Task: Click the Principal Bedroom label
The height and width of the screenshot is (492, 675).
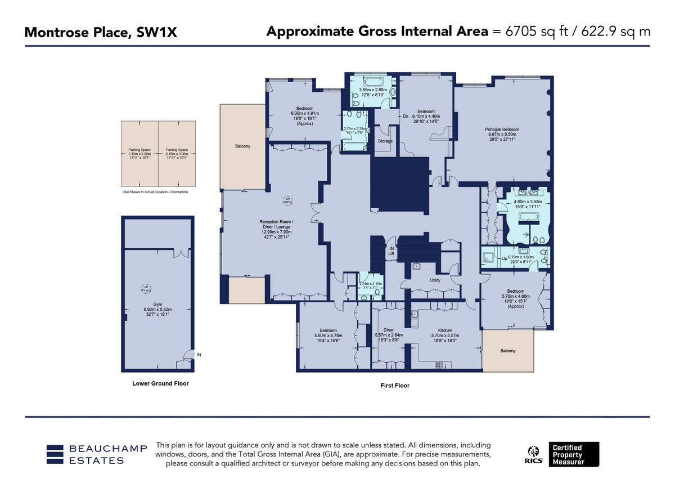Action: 502,129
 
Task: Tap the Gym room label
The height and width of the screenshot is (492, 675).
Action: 157,303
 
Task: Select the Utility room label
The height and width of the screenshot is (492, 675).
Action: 435,280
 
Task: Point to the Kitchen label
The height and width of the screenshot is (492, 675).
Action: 445,330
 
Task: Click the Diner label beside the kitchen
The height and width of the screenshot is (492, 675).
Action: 388,330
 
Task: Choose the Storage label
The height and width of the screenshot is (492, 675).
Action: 385,141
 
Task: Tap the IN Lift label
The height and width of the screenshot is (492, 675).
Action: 390,251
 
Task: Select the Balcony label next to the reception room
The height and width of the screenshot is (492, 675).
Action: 242,146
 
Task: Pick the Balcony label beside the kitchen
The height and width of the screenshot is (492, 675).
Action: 507,351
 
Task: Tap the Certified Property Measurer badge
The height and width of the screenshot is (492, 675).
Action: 574,454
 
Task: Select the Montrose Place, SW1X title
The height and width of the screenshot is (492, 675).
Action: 101,33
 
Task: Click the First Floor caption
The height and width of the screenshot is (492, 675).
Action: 395,386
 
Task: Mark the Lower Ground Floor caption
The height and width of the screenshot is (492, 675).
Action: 160,383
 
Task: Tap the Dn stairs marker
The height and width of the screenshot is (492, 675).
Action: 405,117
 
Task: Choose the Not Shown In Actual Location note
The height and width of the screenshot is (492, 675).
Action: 155,192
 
